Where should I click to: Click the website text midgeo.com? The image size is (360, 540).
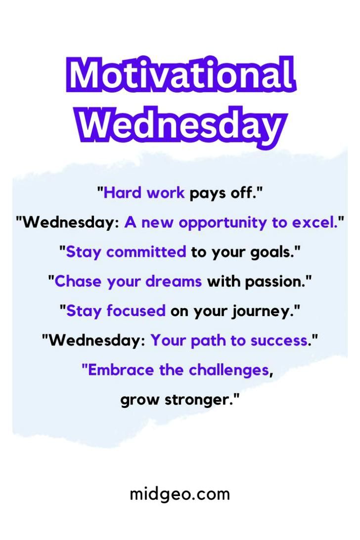click(x=180, y=493)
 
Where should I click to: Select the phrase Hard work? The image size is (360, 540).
click(x=144, y=193)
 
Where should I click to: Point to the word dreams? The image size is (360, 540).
click(x=177, y=282)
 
